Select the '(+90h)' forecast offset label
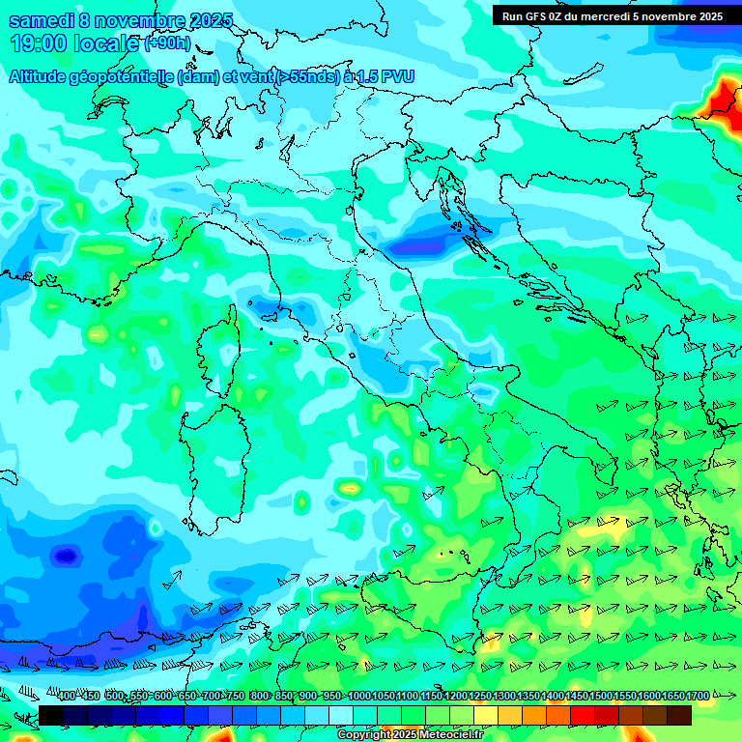pos(167,44)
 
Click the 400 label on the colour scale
pos(66,697)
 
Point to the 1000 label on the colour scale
pos(358,697)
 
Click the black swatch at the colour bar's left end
pos(50,715)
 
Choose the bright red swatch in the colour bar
pos(583,715)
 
